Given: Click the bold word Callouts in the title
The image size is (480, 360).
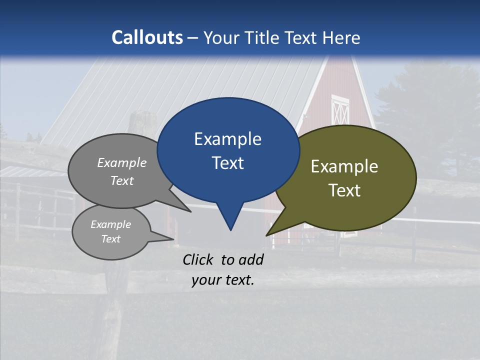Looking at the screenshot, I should (x=147, y=37).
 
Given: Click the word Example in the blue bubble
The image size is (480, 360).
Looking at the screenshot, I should (x=227, y=139).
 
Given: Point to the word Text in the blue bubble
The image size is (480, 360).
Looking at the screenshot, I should (x=227, y=163).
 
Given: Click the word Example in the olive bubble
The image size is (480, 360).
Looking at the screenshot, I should (x=344, y=166).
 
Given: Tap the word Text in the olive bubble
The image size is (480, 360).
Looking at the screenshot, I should (x=344, y=190).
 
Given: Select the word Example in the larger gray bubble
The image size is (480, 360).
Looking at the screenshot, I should (x=122, y=163).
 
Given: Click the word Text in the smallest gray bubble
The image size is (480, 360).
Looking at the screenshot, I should (x=111, y=239).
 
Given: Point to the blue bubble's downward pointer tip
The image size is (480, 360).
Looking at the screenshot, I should (x=230, y=230).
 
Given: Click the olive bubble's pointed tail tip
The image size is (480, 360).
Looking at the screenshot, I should (x=266, y=235).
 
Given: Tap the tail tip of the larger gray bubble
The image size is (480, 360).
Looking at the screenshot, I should (x=190, y=211).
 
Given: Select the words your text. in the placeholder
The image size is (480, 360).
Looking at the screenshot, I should (x=223, y=280).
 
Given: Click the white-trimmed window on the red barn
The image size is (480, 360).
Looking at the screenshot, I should (x=340, y=110).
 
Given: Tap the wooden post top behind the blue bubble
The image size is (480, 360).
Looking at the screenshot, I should (x=142, y=120).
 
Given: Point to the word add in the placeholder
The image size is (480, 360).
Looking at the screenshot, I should (x=251, y=259).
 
